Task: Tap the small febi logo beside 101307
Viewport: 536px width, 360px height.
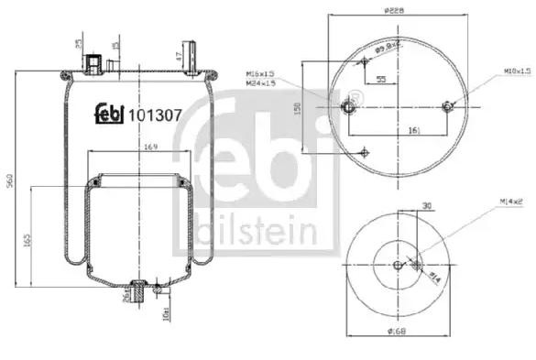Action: tap(109, 115)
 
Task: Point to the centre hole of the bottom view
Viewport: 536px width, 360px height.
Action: tap(397, 266)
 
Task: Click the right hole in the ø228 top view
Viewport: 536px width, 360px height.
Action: tap(447, 106)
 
